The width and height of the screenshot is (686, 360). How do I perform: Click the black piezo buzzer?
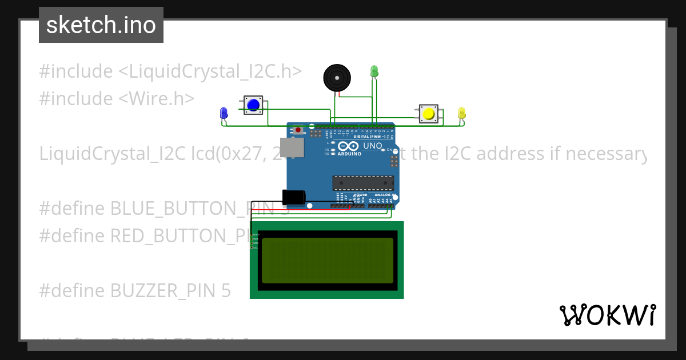click(336, 78)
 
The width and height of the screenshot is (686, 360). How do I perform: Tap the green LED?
click(374, 71)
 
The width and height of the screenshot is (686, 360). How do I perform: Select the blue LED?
click(224, 113)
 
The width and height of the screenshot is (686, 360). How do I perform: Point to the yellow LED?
click(462, 113)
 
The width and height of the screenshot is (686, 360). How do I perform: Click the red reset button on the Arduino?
click(298, 130)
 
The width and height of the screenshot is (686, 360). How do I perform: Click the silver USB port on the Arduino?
click(291, 147)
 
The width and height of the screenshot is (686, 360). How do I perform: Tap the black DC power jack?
click(294, 197)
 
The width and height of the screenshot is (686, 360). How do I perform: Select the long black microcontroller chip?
click(363, 183)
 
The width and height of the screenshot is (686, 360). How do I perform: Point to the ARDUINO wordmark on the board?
click(349, 154)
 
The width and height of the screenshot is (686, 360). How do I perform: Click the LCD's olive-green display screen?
click(327, 260)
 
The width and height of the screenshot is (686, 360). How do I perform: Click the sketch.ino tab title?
click(101, 25)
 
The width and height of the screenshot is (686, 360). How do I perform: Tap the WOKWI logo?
click(607, 315)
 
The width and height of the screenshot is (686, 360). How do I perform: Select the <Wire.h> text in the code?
click(157, 98)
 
